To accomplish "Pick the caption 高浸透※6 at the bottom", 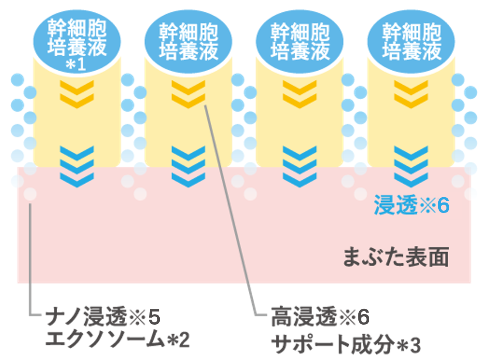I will (320, 318).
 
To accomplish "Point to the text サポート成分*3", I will (346, 345).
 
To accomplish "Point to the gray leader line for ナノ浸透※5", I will (30, 262).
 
